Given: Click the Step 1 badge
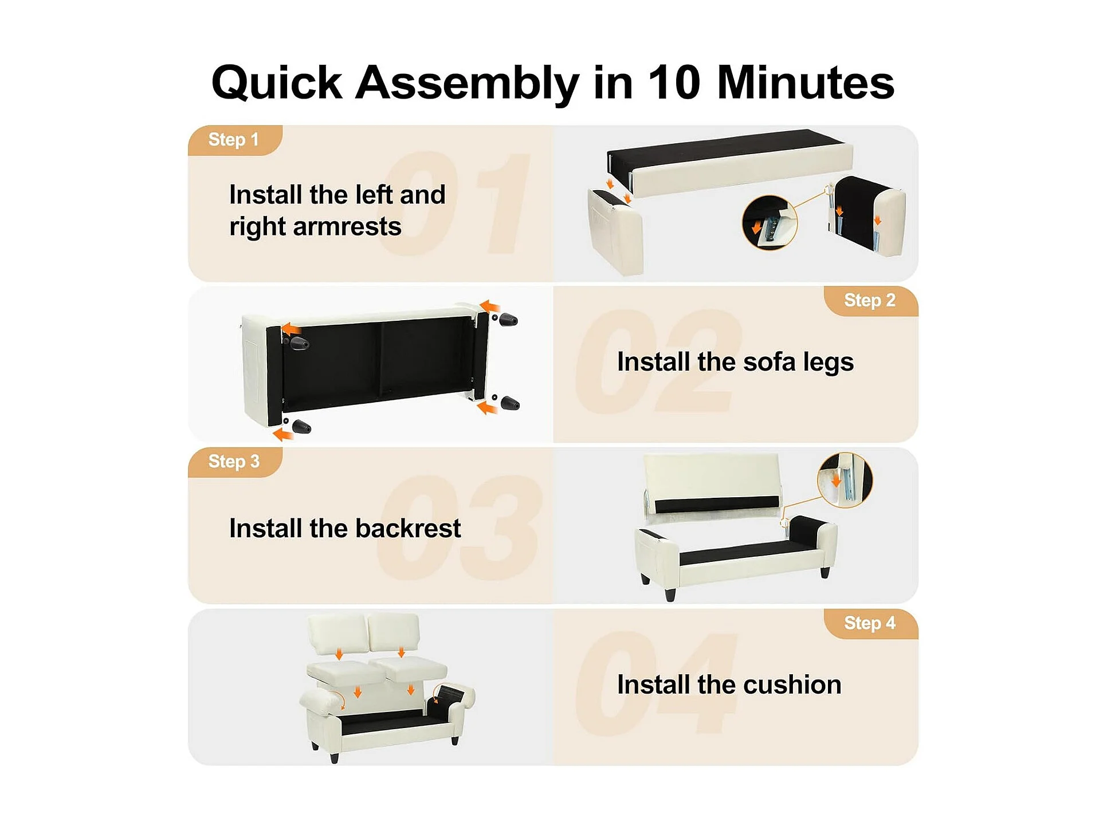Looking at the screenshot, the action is click(235, 140).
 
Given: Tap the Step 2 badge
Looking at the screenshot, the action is click(870, 301).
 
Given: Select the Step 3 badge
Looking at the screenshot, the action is click(235, 462).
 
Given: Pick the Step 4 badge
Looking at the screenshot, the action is click(870, 623).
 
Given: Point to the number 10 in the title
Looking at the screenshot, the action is click(674, 82).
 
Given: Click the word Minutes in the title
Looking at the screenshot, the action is click(806, 82).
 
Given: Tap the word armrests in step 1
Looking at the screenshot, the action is click(347, 226).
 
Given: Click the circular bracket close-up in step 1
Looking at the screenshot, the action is click(769, 222).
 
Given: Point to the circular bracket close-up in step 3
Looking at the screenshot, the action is click(845, 480).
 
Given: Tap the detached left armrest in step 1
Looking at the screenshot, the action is click(615, 231).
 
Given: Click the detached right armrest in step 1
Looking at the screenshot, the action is click(868, 215).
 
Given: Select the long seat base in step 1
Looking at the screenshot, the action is click(730, 163).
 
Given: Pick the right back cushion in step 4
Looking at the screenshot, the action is click(394, 635).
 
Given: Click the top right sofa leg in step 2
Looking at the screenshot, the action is click(508, 320).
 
